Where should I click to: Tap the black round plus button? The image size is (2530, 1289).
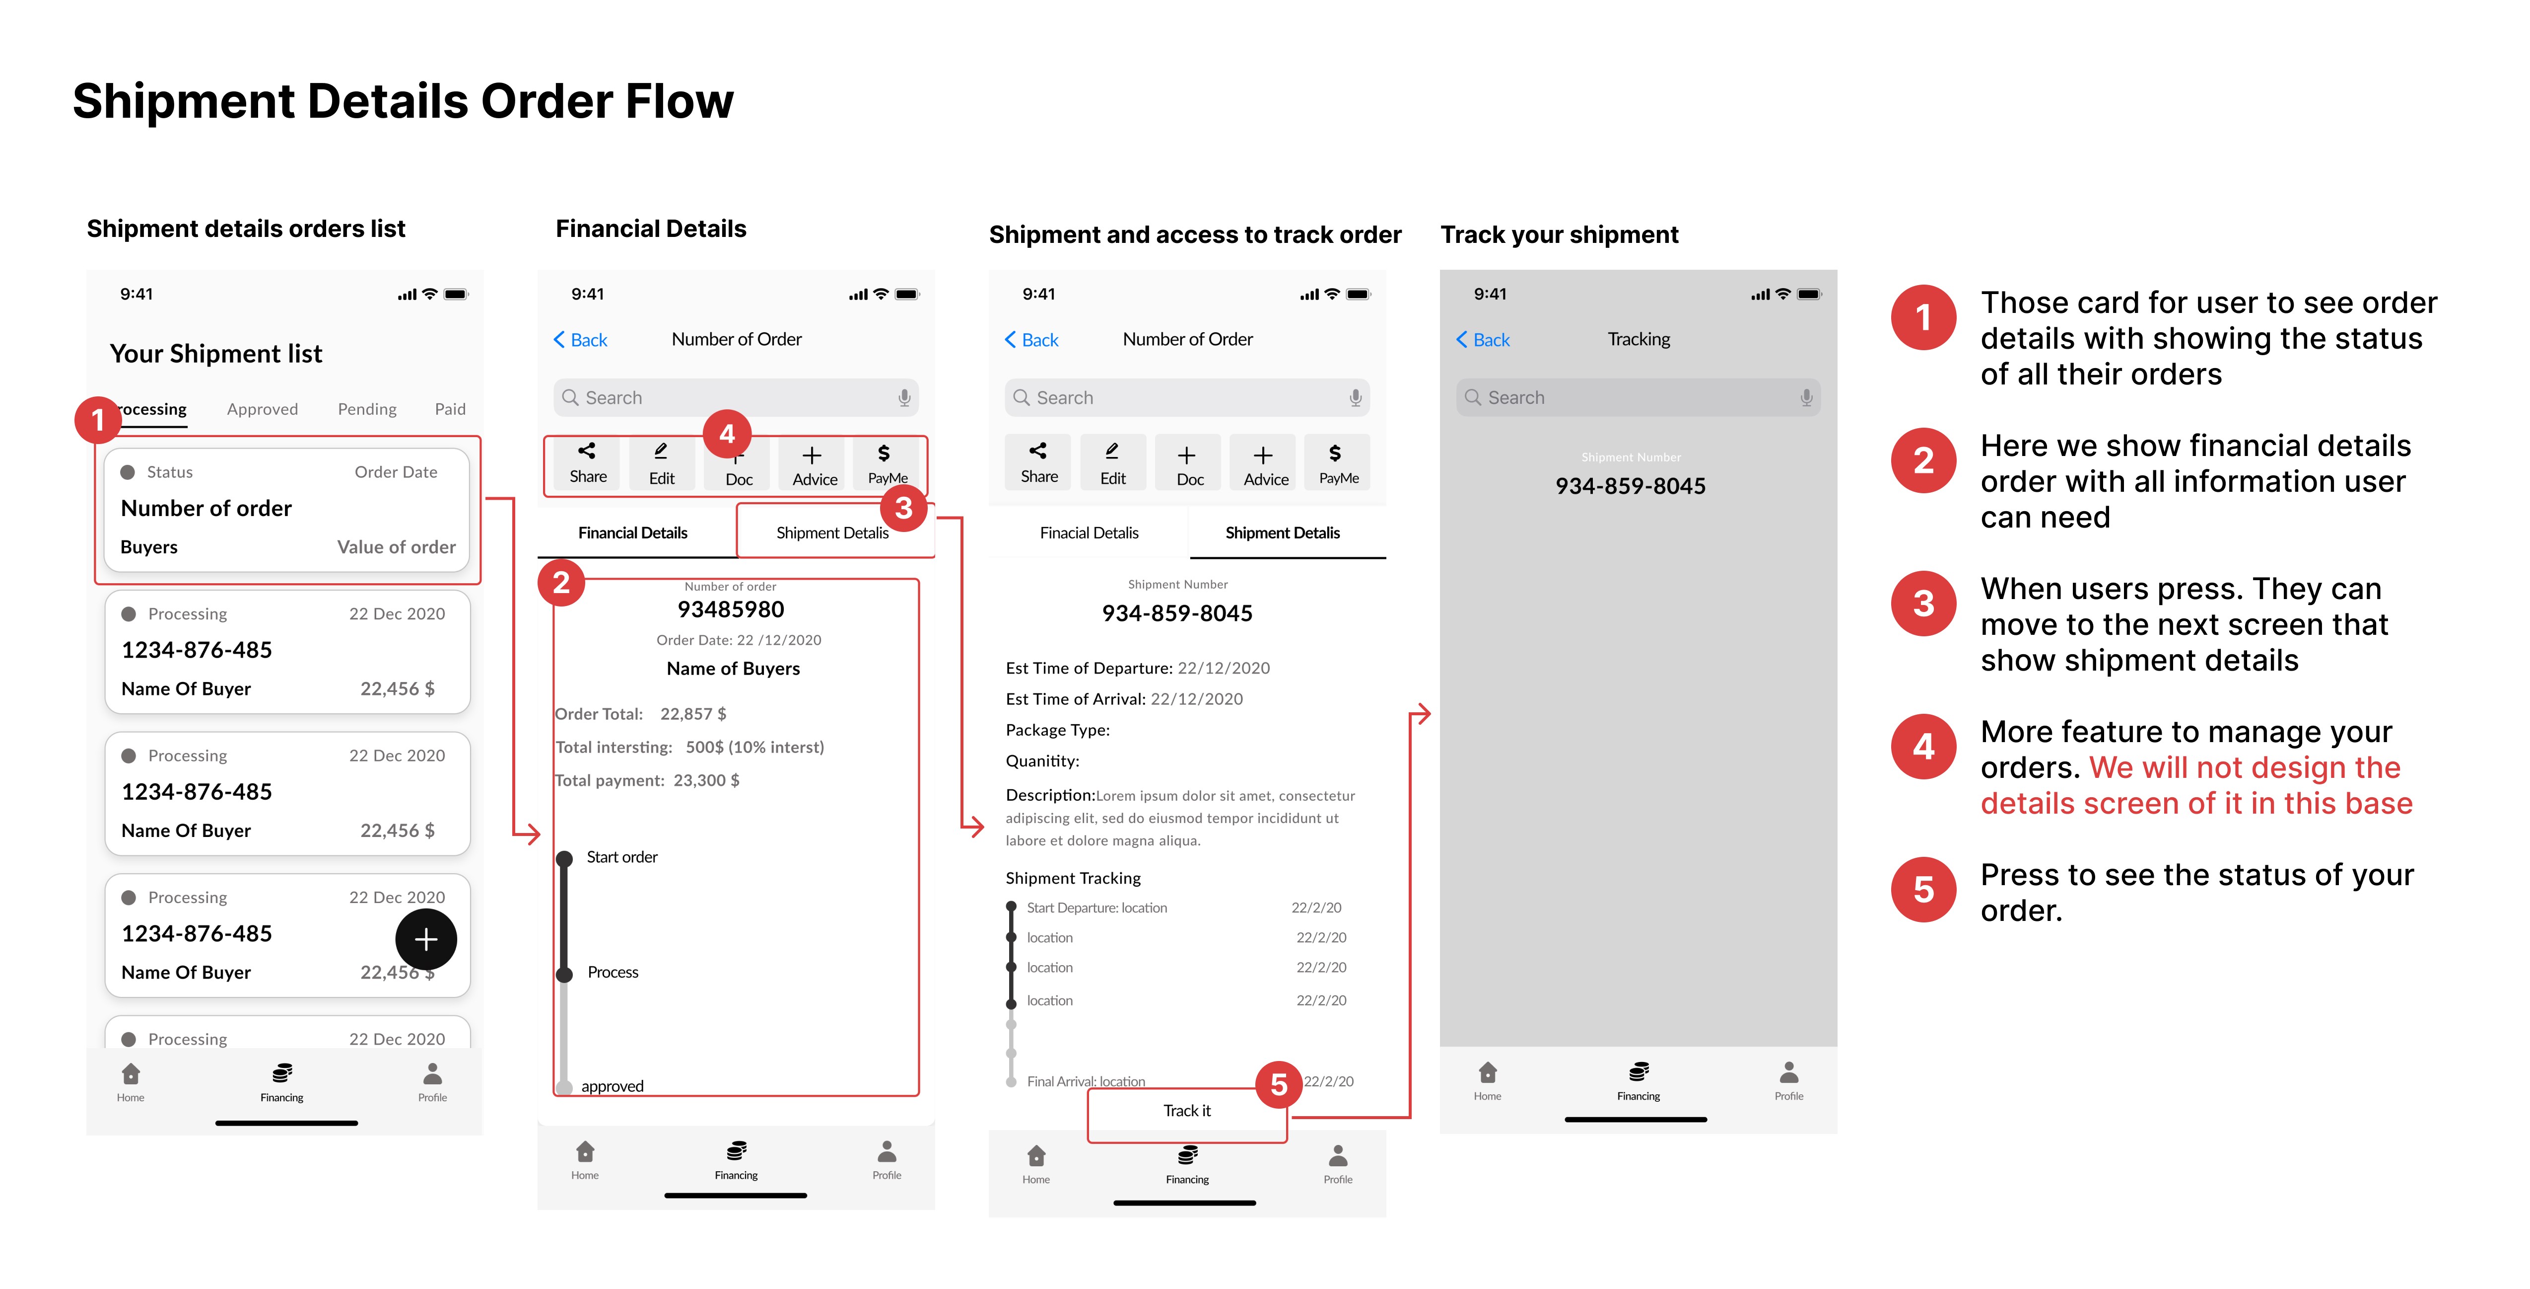(425, 939)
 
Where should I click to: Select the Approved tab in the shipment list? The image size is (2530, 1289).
(262, 409)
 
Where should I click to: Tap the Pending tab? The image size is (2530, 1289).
(367, 409)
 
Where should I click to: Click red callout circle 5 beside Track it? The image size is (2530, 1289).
(1279, 1085)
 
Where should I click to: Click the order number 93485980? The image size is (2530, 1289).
(731, 609)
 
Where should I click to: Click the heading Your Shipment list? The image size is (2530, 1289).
(216, 354)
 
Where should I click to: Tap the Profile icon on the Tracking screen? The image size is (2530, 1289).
(1788, 1079)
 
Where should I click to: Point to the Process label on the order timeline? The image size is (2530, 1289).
(613, 972)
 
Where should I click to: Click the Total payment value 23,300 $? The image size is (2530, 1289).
(706, 780)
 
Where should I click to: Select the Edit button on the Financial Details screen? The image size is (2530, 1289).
(661, 463)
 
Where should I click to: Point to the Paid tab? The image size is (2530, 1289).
(450, 409)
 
